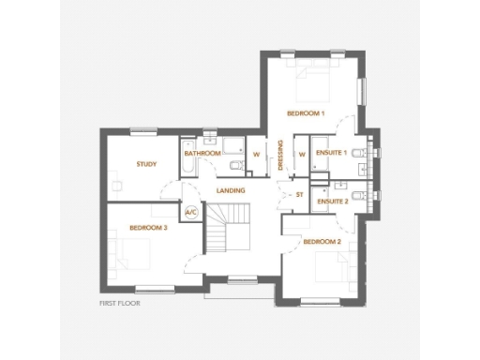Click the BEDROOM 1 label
pyautogui.click(x=306, y=113)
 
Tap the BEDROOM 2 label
pyautogui.click(x=322, y=241)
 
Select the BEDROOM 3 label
pyautogui.click(x=148, y=228)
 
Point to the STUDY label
pyautogui.click(x=145, y=164)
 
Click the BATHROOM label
pyautogui.click(x=202, y=153)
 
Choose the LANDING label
pyautogui.click(x=231, y=190)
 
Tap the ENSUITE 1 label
pyautogui.click(x=332, y=152)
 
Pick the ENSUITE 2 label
pyautogui.click(x=333, y=202)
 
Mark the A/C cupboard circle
pyautogui.click(x=191, y=213)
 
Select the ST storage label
pyautogui.click(x=300, y=195)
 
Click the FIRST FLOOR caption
pyautogui.click(x=120, y=304)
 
